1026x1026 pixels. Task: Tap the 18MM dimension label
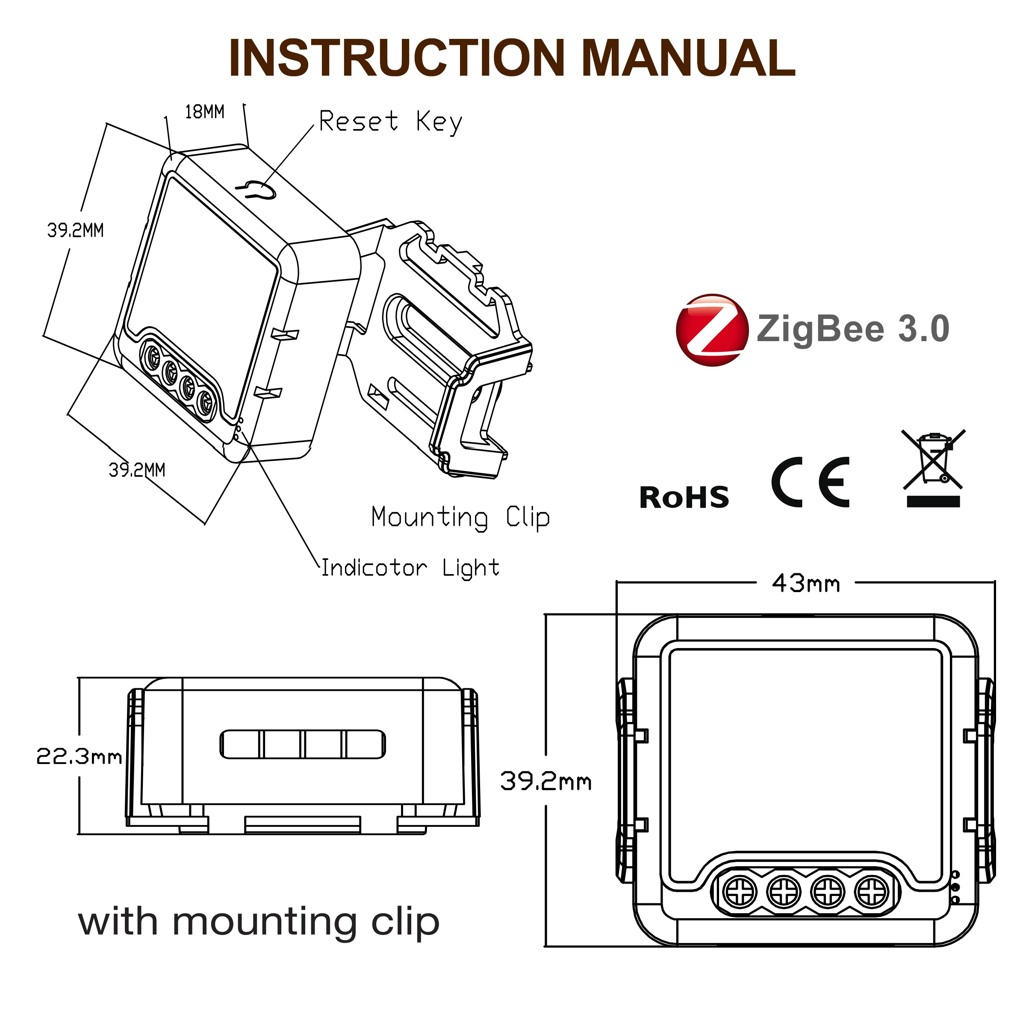[204, 112]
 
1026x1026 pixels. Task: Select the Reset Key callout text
[390, 121]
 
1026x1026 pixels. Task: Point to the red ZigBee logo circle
[712, 330]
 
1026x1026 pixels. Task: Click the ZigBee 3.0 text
[853, 329]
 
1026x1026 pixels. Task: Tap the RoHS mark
[684, 498]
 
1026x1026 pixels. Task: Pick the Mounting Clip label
[460, 517]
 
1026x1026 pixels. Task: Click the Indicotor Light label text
[410, 568]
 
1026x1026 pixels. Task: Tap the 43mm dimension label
[805, 584]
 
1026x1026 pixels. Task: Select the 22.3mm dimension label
[79, 756]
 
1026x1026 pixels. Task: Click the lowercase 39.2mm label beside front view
[545, 781]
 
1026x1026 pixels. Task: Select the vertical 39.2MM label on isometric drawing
[75, 230]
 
